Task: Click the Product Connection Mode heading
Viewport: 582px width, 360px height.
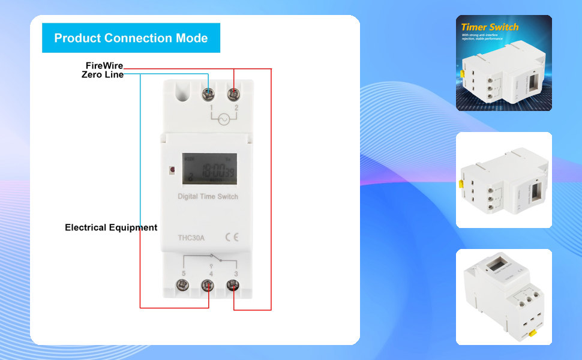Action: pyautogui.click(x=131, y=38)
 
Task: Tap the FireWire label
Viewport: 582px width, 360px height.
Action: pyautogui.click(x=104, y=65)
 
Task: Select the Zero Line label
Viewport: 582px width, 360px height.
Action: pyautogui.click(x=103, y=75)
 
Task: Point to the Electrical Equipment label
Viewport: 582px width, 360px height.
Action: pyautogui.click(x=111, y=228)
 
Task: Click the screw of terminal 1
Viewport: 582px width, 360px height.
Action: pyautogui.click(x=209, y=94)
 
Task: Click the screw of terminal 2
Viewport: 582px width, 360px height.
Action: pyautogui.click(x=233, y=94)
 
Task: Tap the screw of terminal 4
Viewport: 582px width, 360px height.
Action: pyautogui.click(x=208, y=285)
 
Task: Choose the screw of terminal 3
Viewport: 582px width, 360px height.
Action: pyautogui.click(x=233, y=285)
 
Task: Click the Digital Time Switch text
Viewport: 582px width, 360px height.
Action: pyautogui.click(x=208, y=197)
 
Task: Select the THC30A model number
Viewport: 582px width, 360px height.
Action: pyautogui.click(x=191, y=238)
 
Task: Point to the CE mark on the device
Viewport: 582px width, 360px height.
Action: pyautogui.click(x=232, y=237)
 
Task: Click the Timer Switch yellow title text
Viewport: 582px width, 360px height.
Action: pyautogui.click(x=490, y=27)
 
